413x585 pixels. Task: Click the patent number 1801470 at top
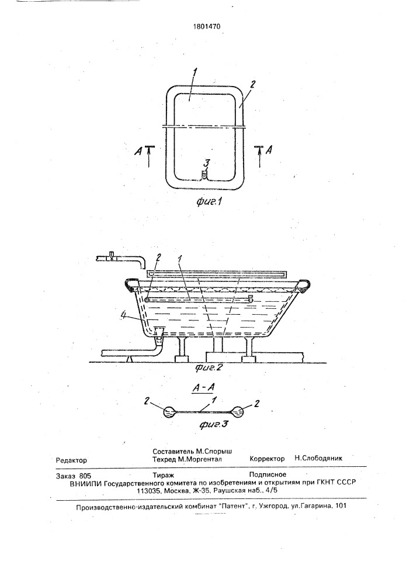coord(207,26)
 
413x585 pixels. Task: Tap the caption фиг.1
coord(209,202)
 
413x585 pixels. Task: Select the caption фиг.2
coord(209,367)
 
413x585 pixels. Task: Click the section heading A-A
coord(203,388)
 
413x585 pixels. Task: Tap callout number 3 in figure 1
coord(207,163)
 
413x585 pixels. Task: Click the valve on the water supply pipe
coord(110,256)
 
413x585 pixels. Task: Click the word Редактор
coord(71,460)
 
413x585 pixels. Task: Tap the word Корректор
coord(267,459)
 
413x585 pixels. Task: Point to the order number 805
coord(85,476)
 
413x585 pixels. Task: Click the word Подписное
coord(268,474)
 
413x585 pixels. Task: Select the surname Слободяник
coord(322,458)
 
